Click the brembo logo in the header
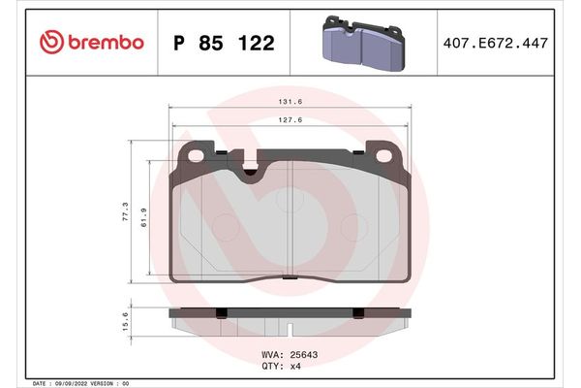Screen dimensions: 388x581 91,42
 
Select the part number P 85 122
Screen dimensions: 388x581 223,43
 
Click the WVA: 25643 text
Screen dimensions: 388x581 290,354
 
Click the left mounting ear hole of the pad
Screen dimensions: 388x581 194,154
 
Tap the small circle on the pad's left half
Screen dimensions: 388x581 226,228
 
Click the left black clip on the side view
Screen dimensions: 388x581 221,312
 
